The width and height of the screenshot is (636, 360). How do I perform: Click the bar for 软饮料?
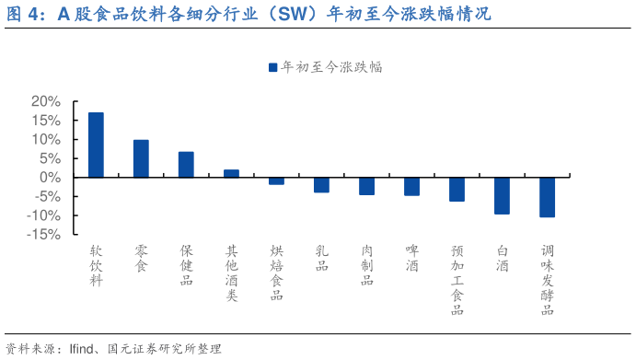(96, 145)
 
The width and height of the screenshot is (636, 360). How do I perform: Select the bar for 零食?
(141, 158)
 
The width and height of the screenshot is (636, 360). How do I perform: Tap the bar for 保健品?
(186, 164)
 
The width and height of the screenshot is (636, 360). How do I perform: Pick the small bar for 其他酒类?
(231, 173)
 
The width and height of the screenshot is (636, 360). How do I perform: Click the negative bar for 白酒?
(502, 195)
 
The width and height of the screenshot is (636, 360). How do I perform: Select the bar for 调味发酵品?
(547, 197)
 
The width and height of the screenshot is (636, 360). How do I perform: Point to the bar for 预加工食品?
(457, 189)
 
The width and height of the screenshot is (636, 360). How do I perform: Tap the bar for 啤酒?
(411, 186)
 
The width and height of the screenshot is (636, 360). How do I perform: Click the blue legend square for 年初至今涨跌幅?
(272, 67)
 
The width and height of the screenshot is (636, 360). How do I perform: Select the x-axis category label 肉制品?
(367, 264)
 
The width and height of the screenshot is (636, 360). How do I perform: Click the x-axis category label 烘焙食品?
(276, 272)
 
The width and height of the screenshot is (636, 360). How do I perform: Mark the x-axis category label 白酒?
(502, 258)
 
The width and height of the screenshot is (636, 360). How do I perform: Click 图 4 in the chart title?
(24, 14)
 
